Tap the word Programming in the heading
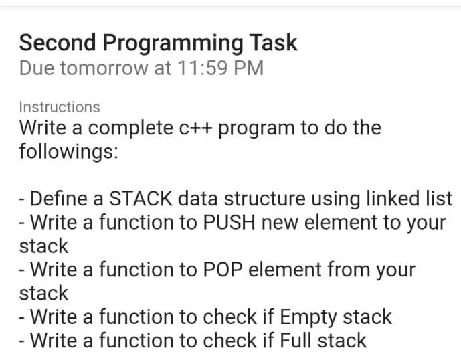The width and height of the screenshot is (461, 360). click(x=166, y=43)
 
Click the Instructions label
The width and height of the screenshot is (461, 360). click(x=60, y=107)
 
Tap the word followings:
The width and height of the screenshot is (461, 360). click(x=69, y=151)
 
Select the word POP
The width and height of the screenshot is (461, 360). click(x=217, y=270)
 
